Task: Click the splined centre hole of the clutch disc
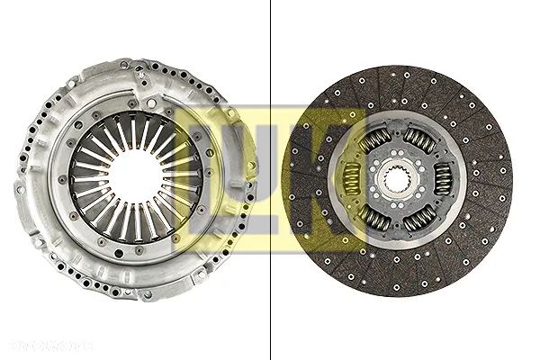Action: click(x=396, y=181)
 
